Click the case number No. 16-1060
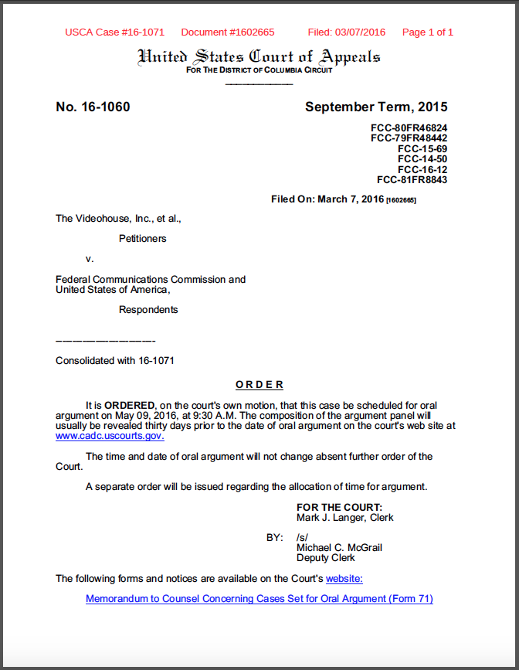[93, 107]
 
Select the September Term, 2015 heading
[376, 107]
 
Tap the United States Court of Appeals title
[259, 56]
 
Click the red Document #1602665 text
[228, 32]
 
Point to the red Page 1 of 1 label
[428, 32]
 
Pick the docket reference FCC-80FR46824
[409, 128]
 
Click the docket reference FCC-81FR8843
[412, 180]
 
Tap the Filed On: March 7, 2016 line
[344, 199]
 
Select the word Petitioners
[143, 239]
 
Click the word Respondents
[148, 310]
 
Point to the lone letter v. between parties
[90, 258]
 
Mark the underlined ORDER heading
[259, 385]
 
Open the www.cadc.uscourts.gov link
[110, 436]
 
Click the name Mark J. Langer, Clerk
[345, 518]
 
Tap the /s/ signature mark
[303, 537]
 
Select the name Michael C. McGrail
[340, 548]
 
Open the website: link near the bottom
[344, 579]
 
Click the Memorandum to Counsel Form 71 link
[259, 599]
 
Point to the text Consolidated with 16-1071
[115, 361]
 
